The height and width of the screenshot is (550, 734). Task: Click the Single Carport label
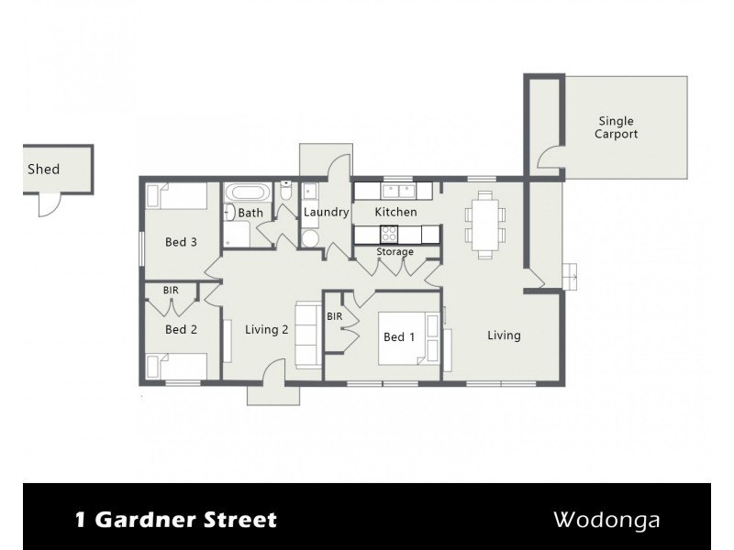(616, 127)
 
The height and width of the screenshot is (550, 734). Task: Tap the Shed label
(43, 169)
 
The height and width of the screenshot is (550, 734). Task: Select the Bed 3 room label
(181, 243)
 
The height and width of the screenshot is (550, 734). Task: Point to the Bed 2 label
(181, 329)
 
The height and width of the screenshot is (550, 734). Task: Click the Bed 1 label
(399, 337)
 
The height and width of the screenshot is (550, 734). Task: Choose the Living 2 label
(267, 330)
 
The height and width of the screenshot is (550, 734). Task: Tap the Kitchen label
(396, 212)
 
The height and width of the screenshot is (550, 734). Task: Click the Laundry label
(326, 213)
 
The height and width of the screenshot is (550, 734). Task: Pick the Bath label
(250, 214)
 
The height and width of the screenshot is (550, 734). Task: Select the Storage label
(395, 251)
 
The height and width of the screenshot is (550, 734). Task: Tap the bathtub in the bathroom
(249, 193)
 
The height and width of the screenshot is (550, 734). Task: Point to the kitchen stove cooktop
(388, 233)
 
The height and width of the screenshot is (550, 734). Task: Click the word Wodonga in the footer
(606, 520)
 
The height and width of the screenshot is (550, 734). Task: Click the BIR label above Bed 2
(171, 291)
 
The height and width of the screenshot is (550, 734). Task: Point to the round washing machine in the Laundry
(310, 237)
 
